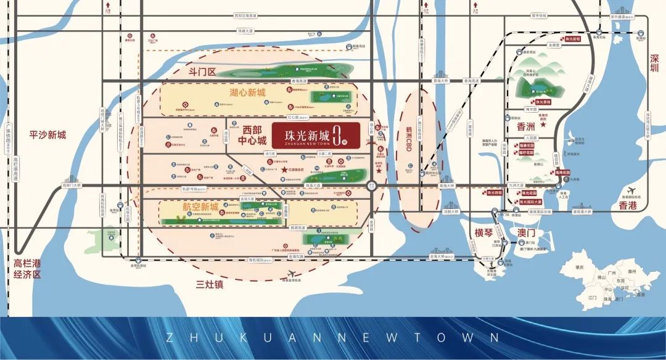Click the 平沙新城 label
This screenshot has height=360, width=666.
click(x=47, y=135)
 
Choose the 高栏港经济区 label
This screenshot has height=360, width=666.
click(x=27, y=269)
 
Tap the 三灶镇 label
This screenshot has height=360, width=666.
click(x=208, y=284)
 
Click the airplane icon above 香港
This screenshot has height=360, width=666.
click(x=631, y=189)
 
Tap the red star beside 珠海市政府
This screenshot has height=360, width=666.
click(x=542, y=124)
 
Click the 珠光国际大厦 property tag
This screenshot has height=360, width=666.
click(x=530, y=201)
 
